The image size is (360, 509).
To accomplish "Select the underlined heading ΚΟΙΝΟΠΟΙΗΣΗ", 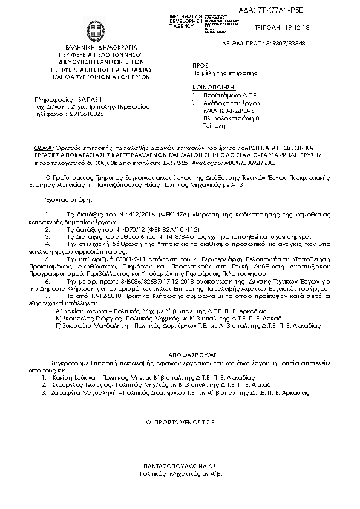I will coord(212,88).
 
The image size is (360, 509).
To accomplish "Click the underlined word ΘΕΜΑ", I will coord(44,148).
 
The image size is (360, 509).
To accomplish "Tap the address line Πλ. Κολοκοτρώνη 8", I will coord(231,119).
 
